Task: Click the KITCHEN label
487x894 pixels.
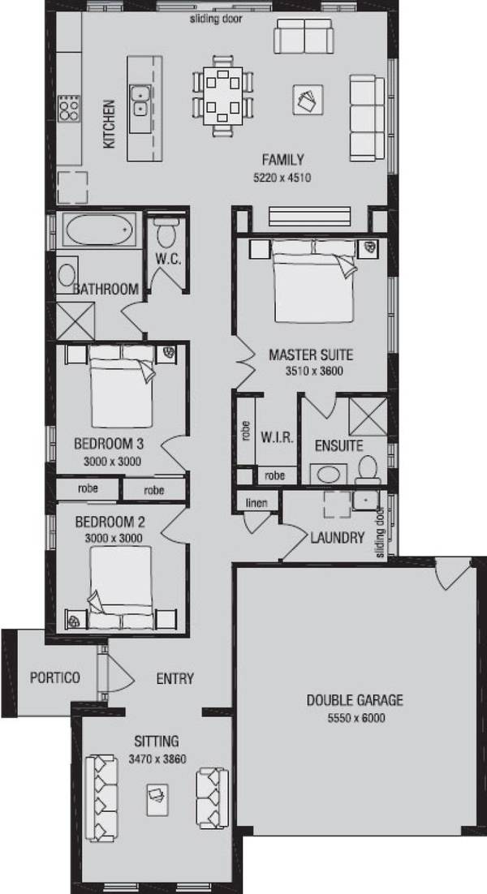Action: (109, 124)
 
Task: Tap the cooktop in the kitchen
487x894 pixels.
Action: (69, 108)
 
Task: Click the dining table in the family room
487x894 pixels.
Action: (223, 96)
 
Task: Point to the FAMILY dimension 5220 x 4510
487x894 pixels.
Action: (282, 178)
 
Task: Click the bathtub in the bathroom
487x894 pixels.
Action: (99, 230)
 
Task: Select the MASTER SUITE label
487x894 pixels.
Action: (311, 355)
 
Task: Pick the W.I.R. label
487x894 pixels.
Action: (277, 437)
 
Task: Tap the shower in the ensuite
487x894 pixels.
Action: (368, 417)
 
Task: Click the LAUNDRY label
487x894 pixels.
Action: (337, 537)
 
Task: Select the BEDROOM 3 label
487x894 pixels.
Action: (109, 443)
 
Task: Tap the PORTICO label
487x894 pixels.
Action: (54, 678)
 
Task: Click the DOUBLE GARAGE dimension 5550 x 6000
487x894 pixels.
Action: (356, 719)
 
